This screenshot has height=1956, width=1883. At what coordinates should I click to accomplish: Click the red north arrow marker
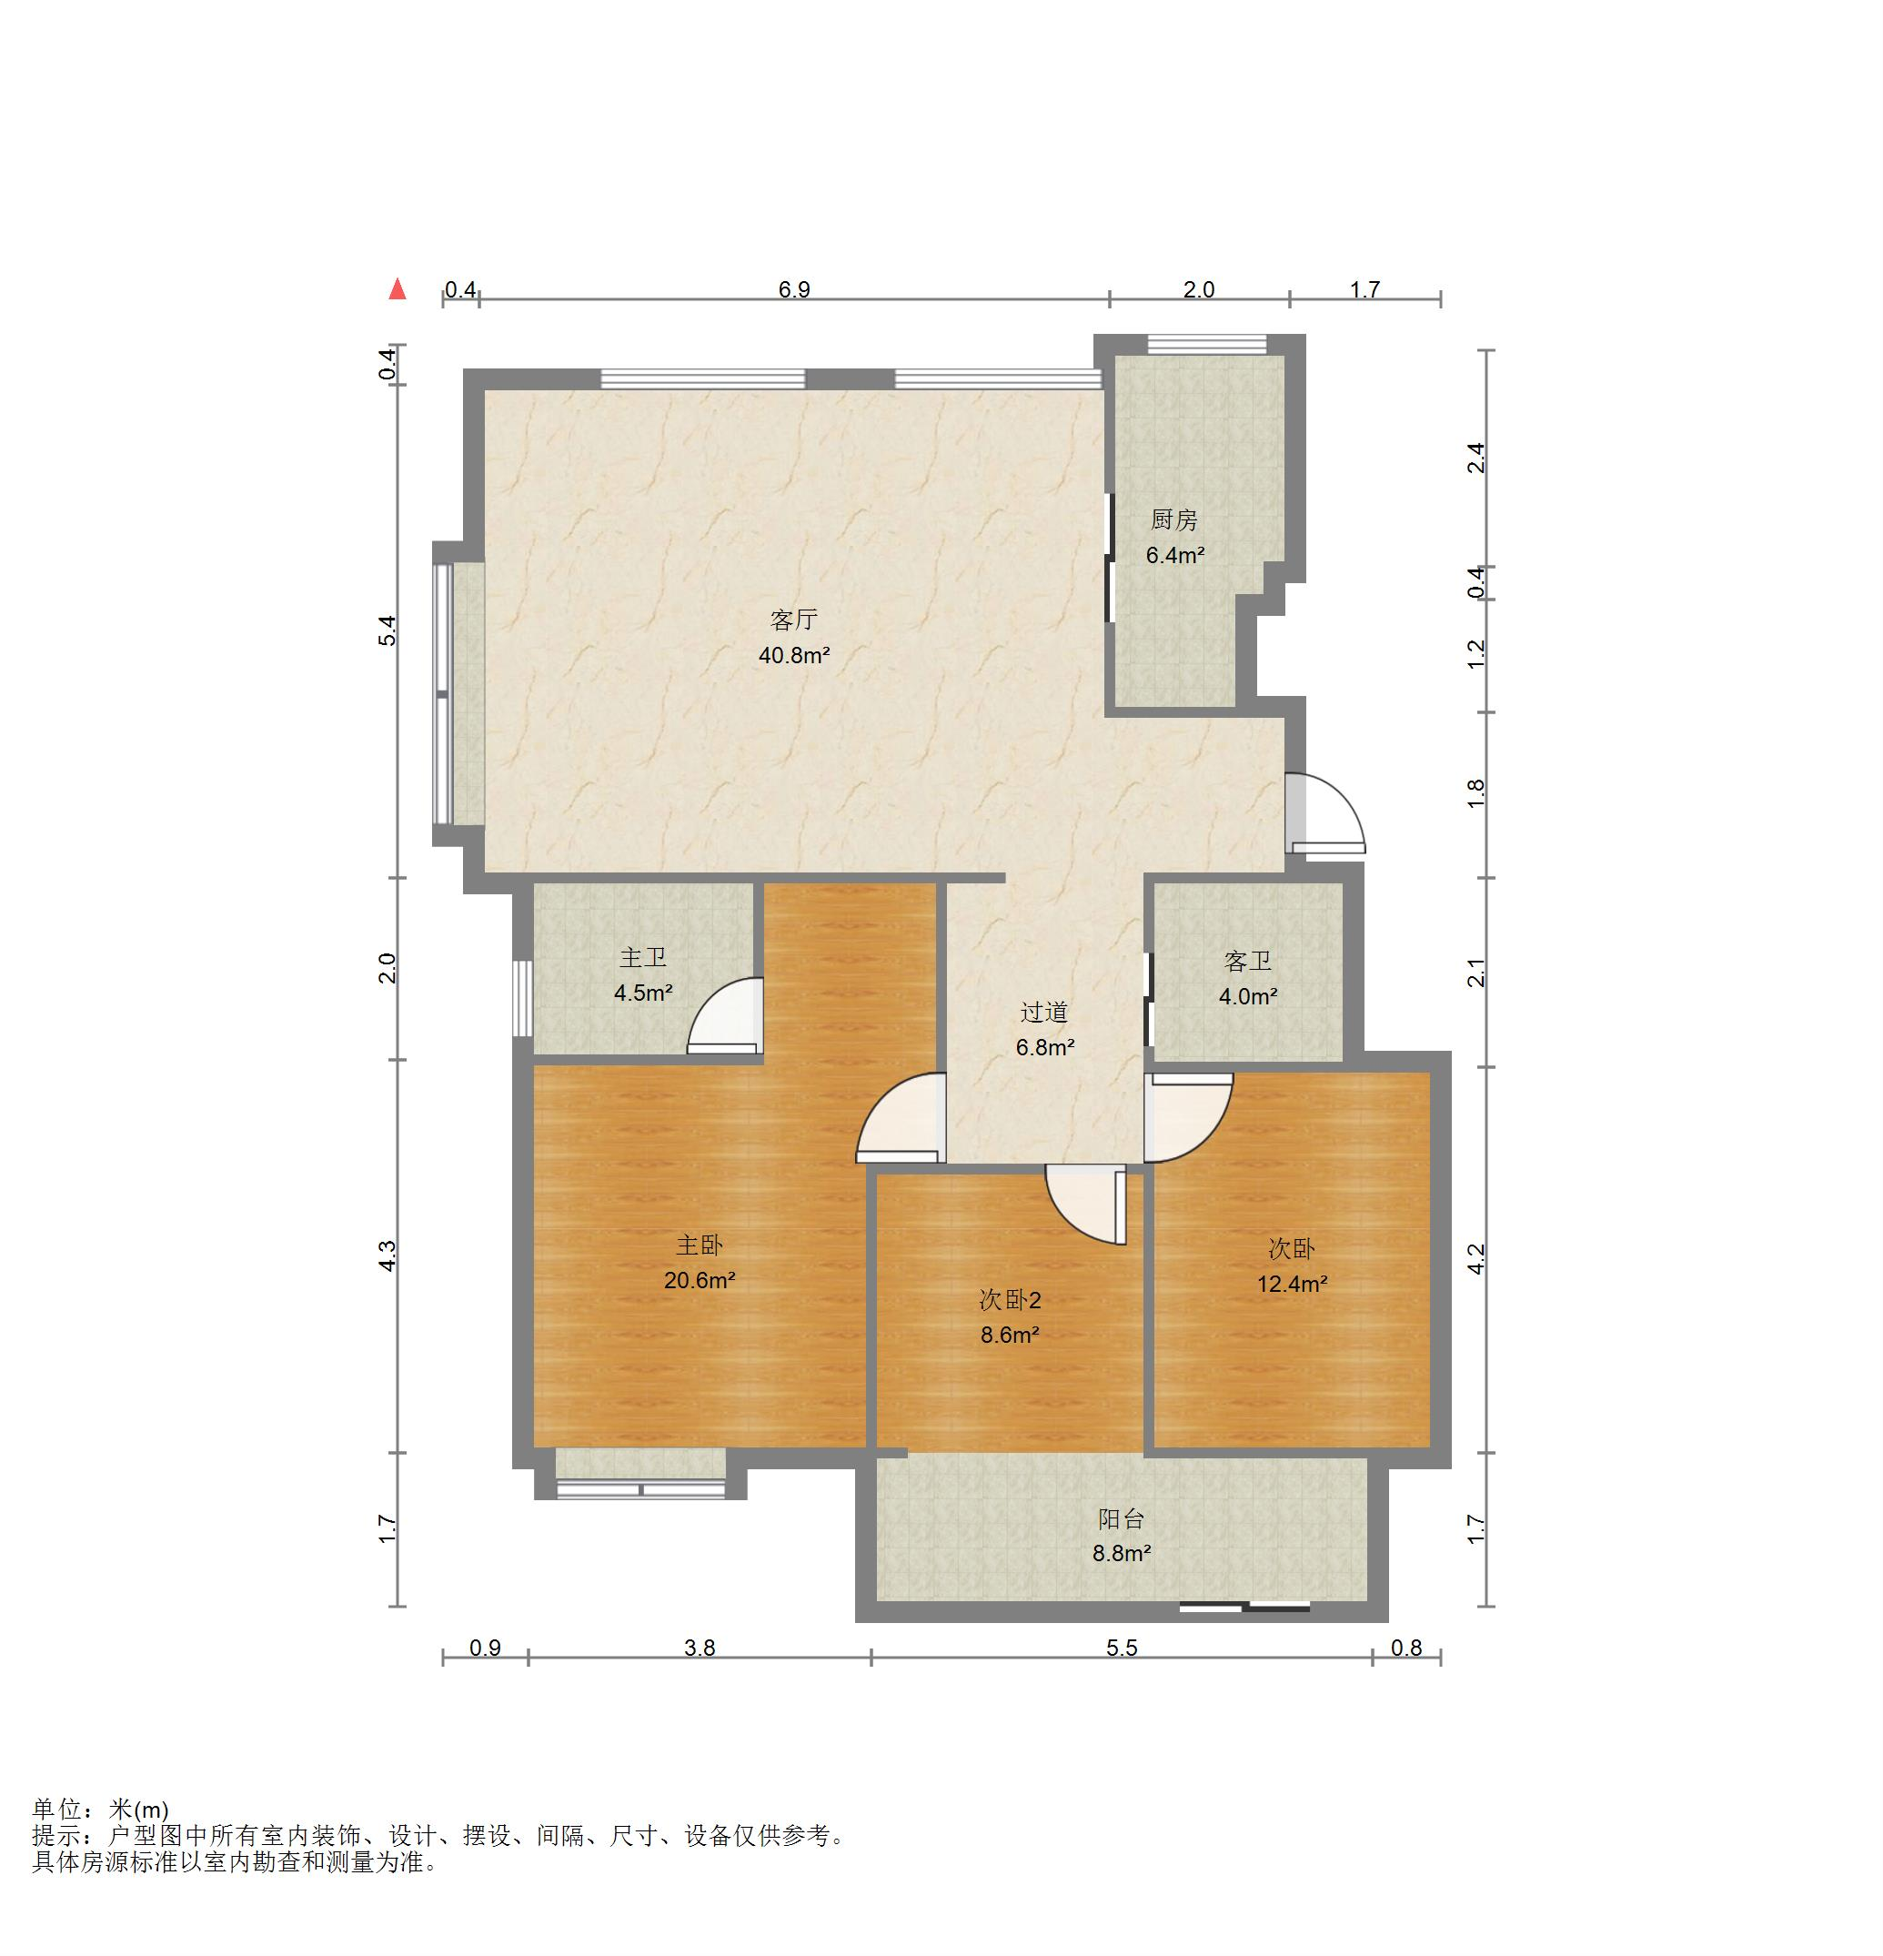point(398,288)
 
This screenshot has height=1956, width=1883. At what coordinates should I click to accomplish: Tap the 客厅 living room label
point(794,620)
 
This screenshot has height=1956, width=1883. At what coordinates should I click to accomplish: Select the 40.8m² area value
point(794,656)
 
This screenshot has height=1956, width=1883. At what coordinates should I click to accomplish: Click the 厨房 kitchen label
point(1173,520)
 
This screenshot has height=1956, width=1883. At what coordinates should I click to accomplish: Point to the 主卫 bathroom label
point(642,958)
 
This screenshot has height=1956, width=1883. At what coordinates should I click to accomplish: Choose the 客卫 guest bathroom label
point(1247,961)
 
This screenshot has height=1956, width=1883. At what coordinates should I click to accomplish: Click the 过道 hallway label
point(1043,1012)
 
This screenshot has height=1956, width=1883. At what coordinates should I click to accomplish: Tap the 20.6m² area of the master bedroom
point(700,1279)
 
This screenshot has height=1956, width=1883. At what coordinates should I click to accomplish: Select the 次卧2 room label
point(1010,1299)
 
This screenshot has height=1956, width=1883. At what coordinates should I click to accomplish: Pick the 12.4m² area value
point(1291,1284)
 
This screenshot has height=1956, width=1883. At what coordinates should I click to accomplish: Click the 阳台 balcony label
point(1121,1519)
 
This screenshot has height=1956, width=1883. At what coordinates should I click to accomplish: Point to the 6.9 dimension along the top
point(794,289)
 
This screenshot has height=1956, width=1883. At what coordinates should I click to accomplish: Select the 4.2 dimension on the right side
point(1477,1258)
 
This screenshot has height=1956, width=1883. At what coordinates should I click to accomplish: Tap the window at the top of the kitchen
point(1207,344)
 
